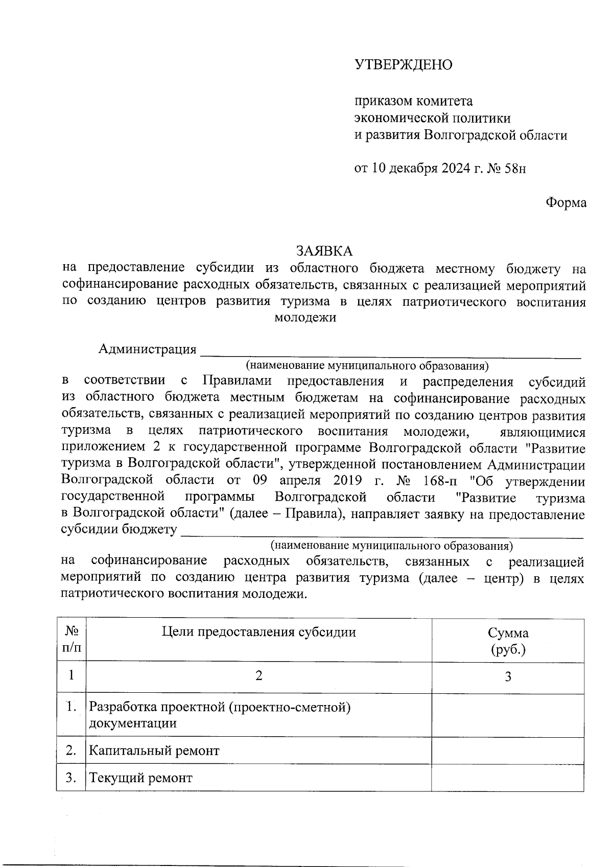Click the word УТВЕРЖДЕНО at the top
pos(404,65)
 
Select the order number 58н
pos(515,169)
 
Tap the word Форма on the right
pos(566,203)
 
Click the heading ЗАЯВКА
pos(324,251)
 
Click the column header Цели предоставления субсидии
pos(258,632)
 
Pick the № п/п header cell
pos(71,641)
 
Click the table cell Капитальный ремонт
pos(154,751)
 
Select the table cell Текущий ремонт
pos(141,779)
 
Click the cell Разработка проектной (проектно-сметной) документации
pos(220,715)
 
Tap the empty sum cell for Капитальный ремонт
pos(508,751)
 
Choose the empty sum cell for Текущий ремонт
pos(508,779)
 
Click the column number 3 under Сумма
pos(508,677)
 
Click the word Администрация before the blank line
pos(148,349)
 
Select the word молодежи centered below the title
pos(305,318)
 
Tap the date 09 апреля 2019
pos(308,481)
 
